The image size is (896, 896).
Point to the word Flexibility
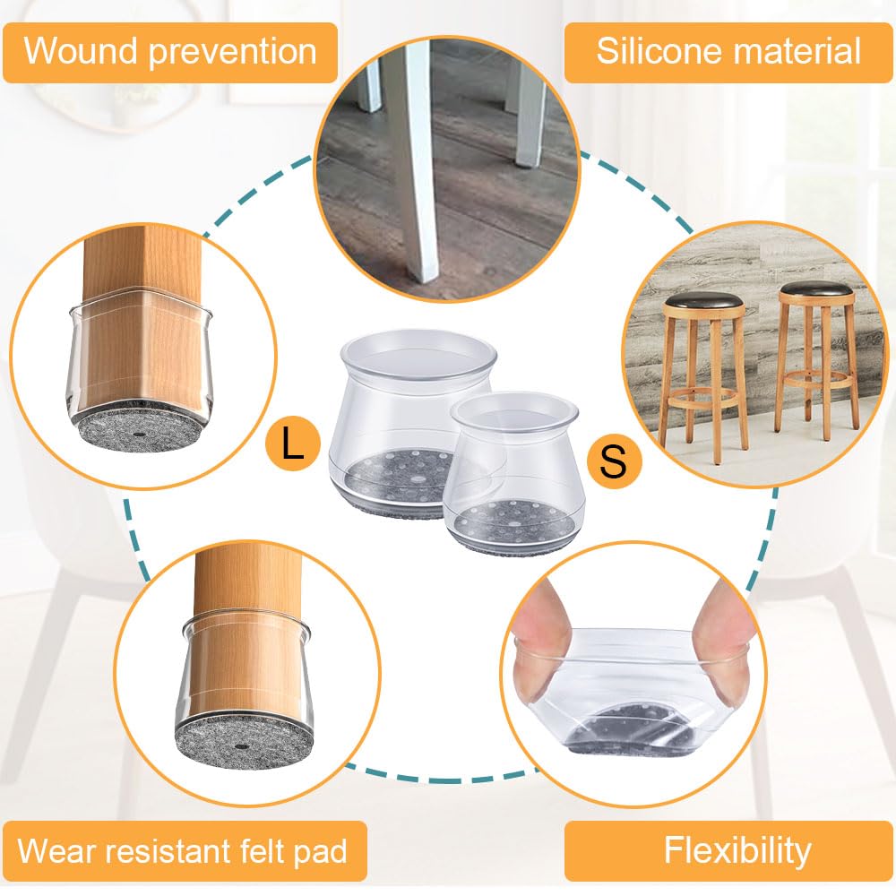coord(737,849)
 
